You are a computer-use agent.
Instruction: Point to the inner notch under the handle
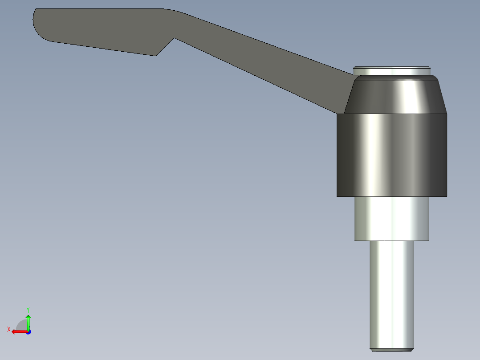[174, 39]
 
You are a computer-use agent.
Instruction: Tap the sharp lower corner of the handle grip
[155, 55]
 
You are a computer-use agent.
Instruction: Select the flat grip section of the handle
[98, 29]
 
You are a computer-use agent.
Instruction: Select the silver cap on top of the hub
[392, 71]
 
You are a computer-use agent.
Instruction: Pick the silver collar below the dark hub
[392, 218]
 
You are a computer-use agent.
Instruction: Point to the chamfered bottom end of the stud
[392, 349]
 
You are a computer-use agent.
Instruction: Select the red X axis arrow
[18, 331]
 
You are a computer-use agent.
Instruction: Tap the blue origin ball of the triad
[28, 332]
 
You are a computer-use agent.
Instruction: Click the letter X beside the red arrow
[8, 329]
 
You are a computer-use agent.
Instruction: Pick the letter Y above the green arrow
[28, 309]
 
